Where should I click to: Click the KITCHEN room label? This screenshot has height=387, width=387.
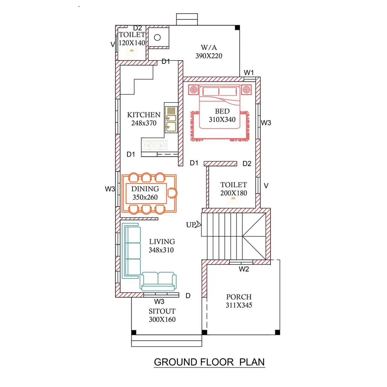[144, 115]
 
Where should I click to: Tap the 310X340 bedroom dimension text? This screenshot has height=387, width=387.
[222, 119]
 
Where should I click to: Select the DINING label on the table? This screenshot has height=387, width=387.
[145, 189]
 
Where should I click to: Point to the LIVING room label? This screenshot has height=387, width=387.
[162, 241]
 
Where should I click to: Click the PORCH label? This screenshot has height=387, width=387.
[239, 297]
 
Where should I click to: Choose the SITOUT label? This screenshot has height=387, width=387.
[162, 311]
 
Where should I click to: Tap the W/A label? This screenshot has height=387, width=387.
[209, 47]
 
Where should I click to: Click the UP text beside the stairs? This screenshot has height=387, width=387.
[190, 225]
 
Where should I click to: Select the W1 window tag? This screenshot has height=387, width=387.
[249, 73]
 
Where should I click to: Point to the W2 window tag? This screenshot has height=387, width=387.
[244, 269]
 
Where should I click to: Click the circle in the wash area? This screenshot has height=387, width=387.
[157, 37]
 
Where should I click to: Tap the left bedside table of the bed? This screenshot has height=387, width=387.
[193, 90]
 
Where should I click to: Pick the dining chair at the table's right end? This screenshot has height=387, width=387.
[172, 193]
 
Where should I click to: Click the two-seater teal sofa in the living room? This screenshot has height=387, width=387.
[158, 281]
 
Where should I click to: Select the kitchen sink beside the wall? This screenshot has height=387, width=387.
[171, 119]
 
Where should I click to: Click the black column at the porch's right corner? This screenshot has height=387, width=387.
[277, 332]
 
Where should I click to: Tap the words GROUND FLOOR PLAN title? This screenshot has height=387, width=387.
[209, 362]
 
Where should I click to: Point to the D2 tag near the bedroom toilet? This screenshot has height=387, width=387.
[247, 163]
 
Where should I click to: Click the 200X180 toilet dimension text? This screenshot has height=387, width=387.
[234, 193]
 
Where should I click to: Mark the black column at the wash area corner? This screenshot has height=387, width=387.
[237, 28]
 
